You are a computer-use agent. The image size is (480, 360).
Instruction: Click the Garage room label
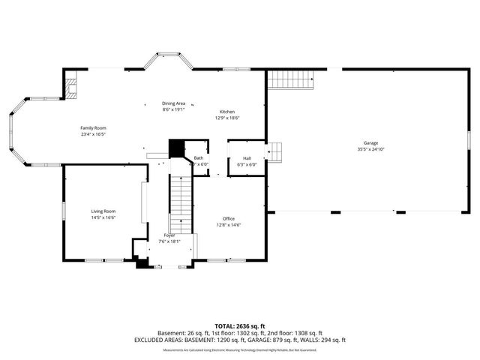pyautogui.click(x=370, y=142)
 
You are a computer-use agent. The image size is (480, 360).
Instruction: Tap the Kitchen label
pyautogui.click(x=226, y=111)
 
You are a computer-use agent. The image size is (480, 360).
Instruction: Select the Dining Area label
pyautogui.click(x=174, y=103)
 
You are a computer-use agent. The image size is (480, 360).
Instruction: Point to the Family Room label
pyautogui.click(x=94, y=128)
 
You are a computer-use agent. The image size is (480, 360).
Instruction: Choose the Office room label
pyautogui.click(x=228, y=218)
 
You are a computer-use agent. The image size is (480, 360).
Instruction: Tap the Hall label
pyautogui.click(x=247, y=158)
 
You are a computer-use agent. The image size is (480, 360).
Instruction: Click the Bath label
pyautogui.click(x=199, y=158)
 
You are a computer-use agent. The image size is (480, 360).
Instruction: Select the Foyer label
pyautogui.click(x=169, y=235)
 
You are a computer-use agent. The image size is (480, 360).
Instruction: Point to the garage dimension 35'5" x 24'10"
pyautogui.click(x=370, y=149)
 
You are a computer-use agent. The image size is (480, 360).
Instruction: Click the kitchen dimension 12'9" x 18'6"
pyautogui.click(x=226, y=118)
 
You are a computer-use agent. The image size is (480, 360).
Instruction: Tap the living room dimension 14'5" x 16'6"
pyautogui.click(x=103, y=218)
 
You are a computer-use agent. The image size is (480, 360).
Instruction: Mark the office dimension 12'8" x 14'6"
pyautogui.click(x=228, y=225)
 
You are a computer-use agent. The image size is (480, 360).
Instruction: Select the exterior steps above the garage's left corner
pyautogui.click(x=290, y=76)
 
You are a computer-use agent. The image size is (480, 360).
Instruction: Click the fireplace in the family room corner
pyautogui.click(x=71, y=88)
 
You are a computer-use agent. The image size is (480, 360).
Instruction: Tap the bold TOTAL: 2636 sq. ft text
pyautogui.click(x=240, y=326)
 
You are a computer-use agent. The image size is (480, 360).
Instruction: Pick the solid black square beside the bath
pyautogui.click(x=177, y=148)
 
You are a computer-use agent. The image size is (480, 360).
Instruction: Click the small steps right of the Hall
pyautogui.click(x=275, y=152)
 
